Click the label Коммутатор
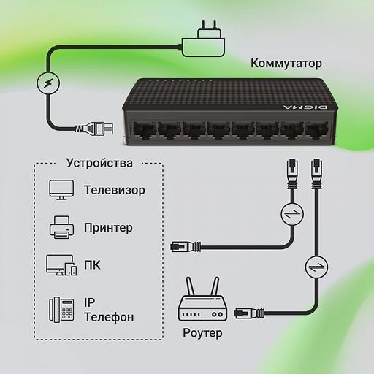286,63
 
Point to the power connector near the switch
97,130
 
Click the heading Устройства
99,162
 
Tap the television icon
61,191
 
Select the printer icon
61,227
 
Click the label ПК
92,265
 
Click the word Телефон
109,317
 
